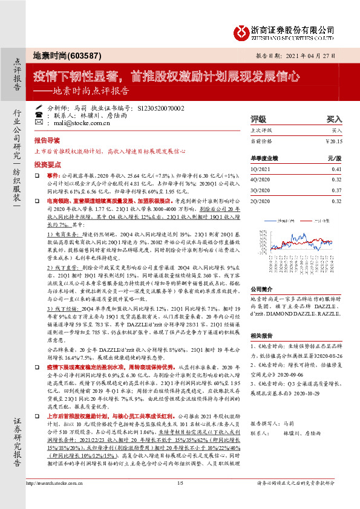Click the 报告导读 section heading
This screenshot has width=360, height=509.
pos(47,140)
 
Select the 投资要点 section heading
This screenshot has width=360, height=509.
pos(47,164)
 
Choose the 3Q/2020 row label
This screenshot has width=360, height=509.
pos(261,190)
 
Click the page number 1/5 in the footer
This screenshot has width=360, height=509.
pos(180,500)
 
